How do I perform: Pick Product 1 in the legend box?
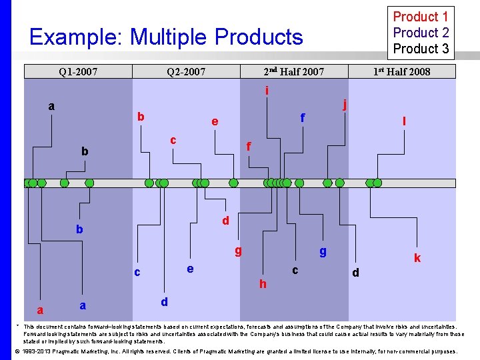tap(421, 17)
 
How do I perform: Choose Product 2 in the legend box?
tap(421, 33)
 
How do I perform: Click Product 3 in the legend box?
tap(421, 49)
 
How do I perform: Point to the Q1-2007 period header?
tap(78, 71)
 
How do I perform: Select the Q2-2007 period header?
tap(186, 71)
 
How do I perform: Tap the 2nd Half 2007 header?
tap(293, 71)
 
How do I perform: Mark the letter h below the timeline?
tap(263, 285)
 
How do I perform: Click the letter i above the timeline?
tap(267, 91)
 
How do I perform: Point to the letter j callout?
tap(345, 104)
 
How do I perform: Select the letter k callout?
tap(417, 258)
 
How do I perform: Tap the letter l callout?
tap(404, 121)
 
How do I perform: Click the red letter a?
tap(41, 310)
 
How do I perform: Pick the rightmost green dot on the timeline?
tap(377, 183)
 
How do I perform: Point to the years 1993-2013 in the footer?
tap(39, 351)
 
